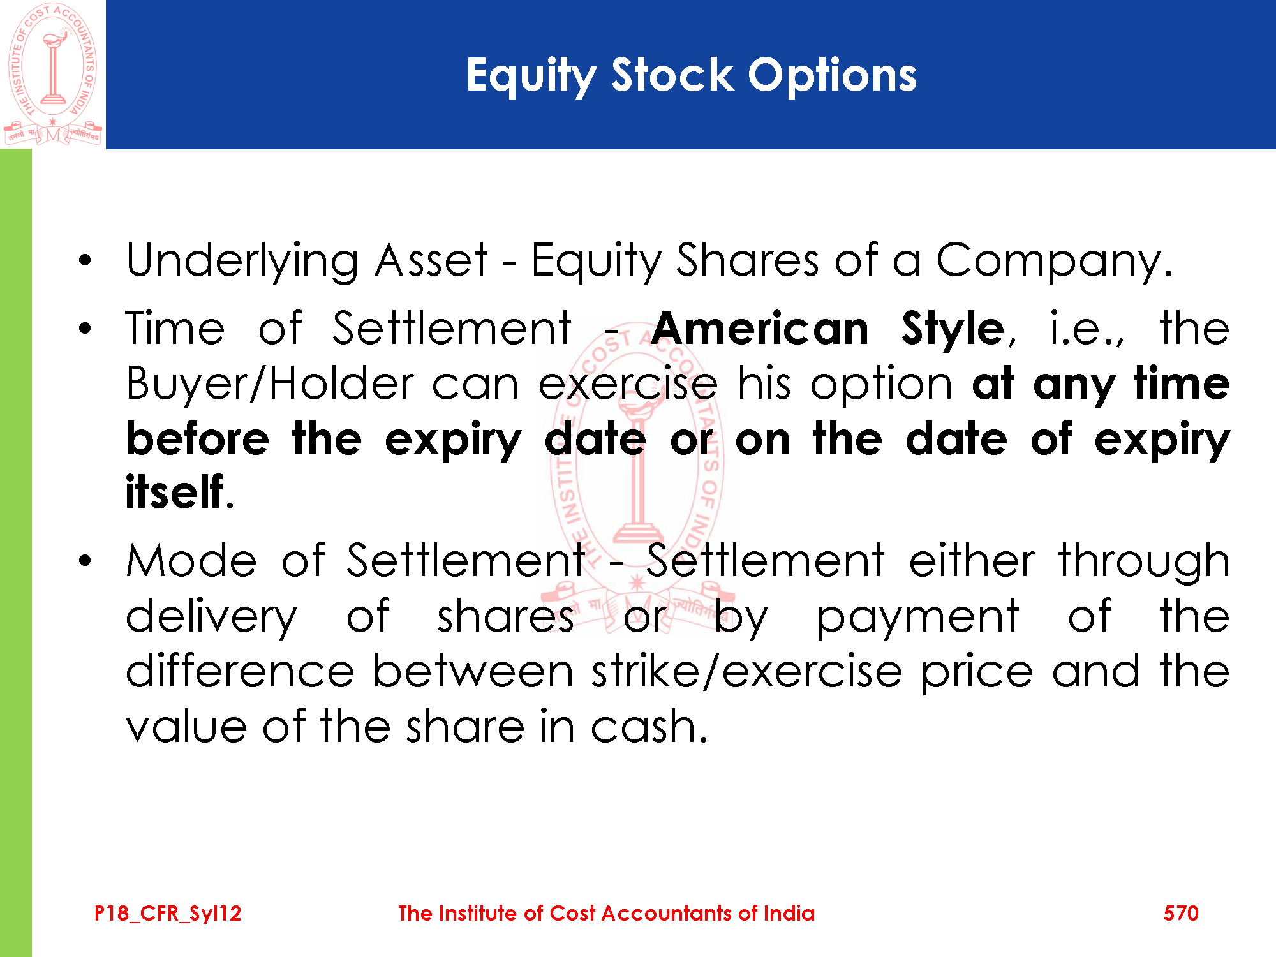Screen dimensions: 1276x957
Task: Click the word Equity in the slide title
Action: click(x=531, y=77)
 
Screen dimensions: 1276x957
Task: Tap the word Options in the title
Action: click(x=832, y=77)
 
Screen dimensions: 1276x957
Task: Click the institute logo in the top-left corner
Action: click(x=53, y=74)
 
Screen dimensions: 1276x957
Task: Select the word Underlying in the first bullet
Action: click(x=242, y=262)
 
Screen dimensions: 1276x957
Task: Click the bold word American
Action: click(x=760, y=329)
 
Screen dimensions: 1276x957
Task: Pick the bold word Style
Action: click(x=953, y=330)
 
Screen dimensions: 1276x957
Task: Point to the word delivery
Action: click(x=211, y=618)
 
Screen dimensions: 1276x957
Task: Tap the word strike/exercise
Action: click(x=746, y=671)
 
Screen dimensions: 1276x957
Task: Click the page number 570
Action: click(x=1181, y=913)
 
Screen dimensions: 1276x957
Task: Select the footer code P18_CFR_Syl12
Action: click(x=168, y=914)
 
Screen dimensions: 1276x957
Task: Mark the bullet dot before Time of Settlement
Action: click(x=85, y=329)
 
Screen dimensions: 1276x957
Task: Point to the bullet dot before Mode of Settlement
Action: click(x=85, y=561)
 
